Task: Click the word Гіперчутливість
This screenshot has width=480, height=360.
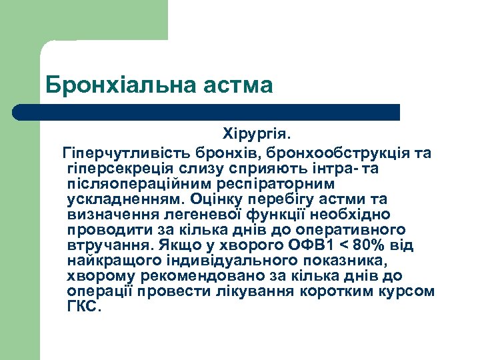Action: click(124, 153)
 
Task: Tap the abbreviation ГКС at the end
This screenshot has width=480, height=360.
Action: click(82, 306)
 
